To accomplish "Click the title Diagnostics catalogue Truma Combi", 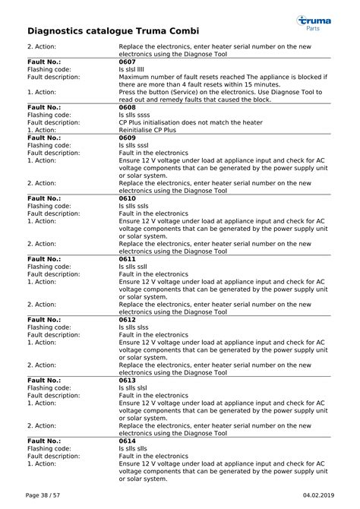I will (113, 31).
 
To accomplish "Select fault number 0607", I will (127, 62).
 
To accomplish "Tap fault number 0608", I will (127, 107).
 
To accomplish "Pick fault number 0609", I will (127, 138).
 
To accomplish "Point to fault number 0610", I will (127, 198).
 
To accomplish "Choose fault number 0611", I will (127, 259).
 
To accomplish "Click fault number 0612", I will (127, 320).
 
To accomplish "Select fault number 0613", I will (127, 380).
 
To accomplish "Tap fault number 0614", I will (127, 441).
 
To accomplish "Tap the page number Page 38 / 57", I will (43, 495).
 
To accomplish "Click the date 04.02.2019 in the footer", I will (317, 495).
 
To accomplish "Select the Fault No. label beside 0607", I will (44, 62).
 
